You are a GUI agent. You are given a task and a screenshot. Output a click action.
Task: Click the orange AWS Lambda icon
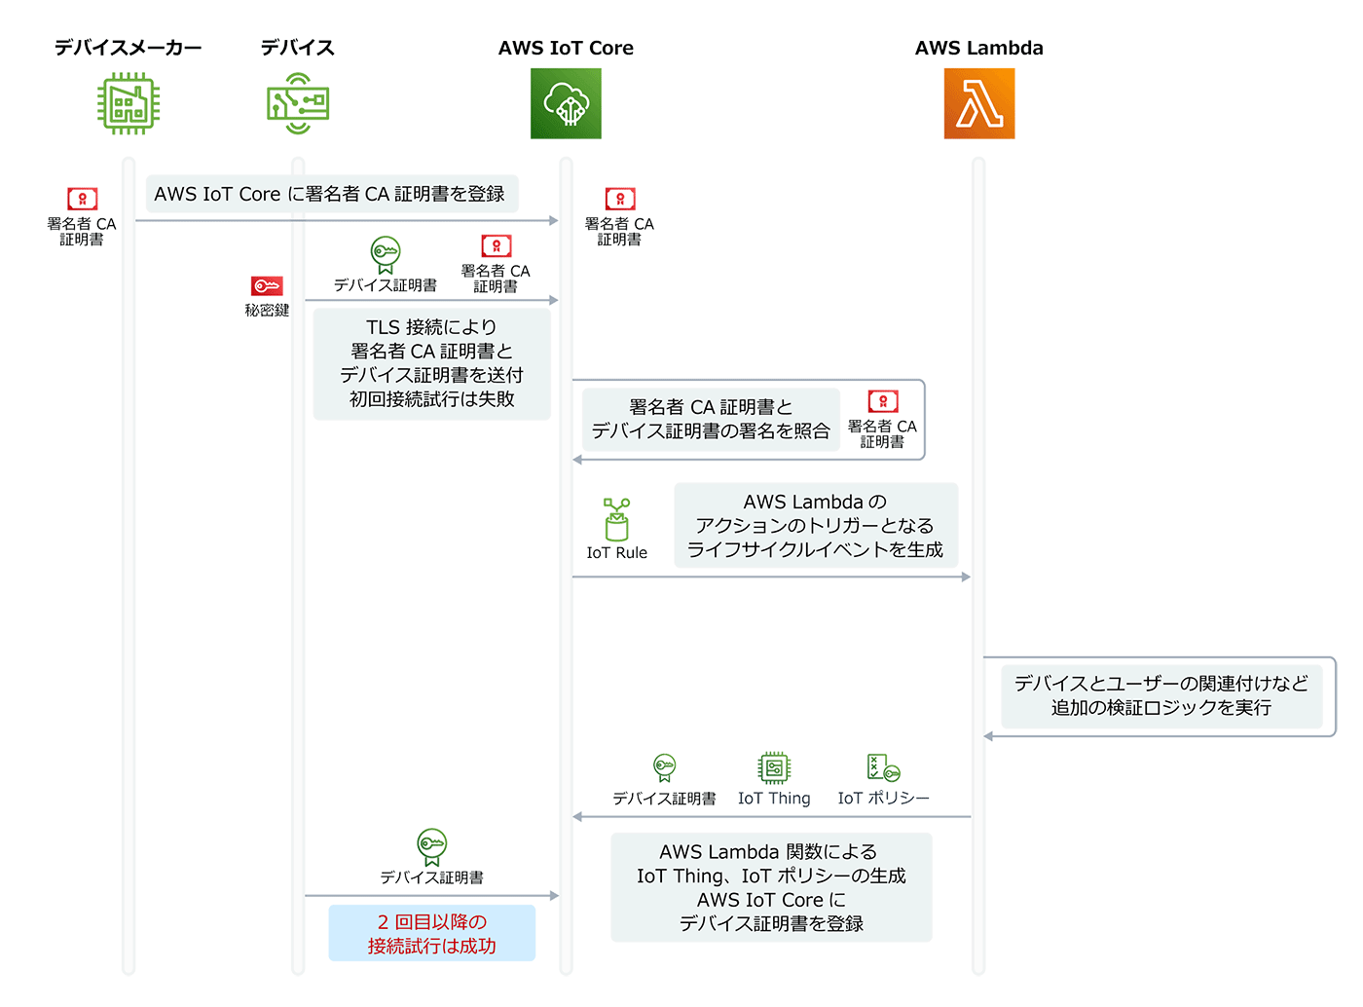(978, 103)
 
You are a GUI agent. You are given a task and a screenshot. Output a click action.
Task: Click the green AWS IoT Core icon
(566, 103)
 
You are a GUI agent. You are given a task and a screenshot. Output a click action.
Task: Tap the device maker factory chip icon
(128, 103)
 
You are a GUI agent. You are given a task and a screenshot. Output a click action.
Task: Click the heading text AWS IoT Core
(566, 48)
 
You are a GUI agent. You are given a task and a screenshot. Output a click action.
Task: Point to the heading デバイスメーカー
(128, 48)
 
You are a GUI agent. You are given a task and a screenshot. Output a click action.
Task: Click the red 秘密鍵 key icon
(267, 286)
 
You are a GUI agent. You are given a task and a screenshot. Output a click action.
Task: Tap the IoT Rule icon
(616, 520)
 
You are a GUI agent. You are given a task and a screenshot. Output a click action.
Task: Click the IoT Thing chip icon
(774, 768)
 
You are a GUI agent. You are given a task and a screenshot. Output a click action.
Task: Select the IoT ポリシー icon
(883, 768)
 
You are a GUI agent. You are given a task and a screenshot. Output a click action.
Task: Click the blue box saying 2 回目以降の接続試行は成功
(431, 933)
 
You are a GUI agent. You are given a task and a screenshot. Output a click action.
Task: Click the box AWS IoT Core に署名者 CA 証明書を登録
(331, 194)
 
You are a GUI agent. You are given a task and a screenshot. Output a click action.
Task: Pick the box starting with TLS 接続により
(431, 363)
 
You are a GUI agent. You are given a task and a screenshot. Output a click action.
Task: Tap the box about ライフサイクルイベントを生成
(815, 526)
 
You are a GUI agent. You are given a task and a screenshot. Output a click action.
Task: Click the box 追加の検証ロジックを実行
(1160, 695)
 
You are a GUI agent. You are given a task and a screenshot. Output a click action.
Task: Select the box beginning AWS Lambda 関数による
(771, 887)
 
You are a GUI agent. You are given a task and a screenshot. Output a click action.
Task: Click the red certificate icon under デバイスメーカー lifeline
(82, 199)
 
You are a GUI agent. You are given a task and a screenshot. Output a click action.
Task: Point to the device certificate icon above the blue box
(431, 845)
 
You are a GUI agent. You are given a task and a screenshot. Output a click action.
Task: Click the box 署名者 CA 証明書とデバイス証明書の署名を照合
(711, 419)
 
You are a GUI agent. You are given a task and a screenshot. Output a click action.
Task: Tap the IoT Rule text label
(616, 553)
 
